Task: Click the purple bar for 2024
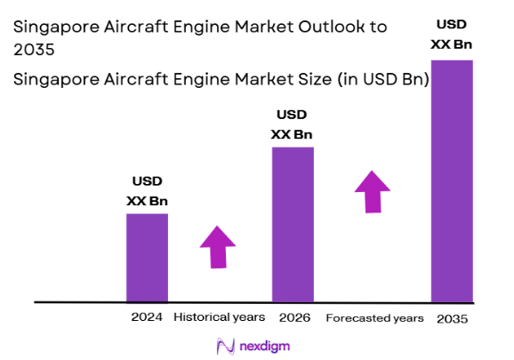pyautogui.click(x=147, y=257)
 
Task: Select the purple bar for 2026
pyautogui.click(x=293, y=224)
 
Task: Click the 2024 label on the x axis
pyautogui.click(x=147, y=316)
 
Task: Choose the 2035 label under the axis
pyautogui.click(x=452, y=318)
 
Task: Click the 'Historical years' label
pyautogui.click(x=219, y=316)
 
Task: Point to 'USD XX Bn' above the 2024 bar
pyautogui.click(x=147, y=192)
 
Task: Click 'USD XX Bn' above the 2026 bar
pyautogui.click(x=292, y=124)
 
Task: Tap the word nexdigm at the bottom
pyautogui.click(x=265, y=346)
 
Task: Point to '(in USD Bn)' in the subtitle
pyautogui.click(x=383, y=79)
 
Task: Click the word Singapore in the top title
pyautogui.click(x=56, y=27)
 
